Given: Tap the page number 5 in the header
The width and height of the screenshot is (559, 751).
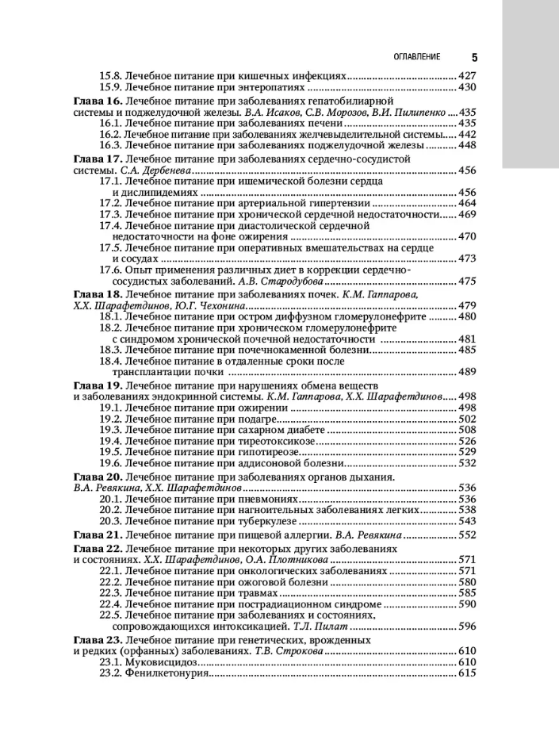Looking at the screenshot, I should click(473, 57).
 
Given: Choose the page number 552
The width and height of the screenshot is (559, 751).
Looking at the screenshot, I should click(466, 535).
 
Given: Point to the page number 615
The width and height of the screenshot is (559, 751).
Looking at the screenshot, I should click(466, 673).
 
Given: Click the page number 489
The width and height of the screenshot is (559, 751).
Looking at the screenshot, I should click(466, 372).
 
